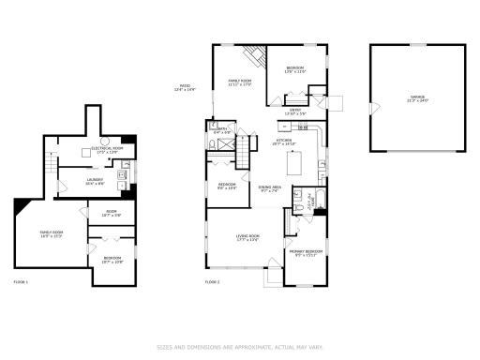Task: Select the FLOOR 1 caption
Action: point(21,281)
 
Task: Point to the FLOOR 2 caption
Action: point(213,281)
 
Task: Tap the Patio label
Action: point(187,88)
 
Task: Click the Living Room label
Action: point(247,237)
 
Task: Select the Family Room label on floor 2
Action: point(240,83)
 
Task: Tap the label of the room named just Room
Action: point(111,214)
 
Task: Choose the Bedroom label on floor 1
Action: point(112,259)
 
